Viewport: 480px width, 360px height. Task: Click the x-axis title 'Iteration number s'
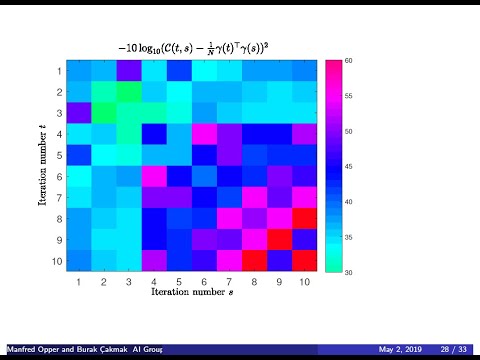[192, 295]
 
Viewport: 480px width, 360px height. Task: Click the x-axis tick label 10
[303, 284]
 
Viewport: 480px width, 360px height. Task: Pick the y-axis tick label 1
[58, 71]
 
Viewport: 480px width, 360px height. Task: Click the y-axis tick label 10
[56, 261]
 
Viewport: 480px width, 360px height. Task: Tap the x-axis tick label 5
[178, 284]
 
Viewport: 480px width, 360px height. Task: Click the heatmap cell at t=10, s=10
[303, 261]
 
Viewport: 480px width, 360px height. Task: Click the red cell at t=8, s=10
[303, 219]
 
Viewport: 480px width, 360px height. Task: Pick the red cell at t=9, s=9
[278, 240]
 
